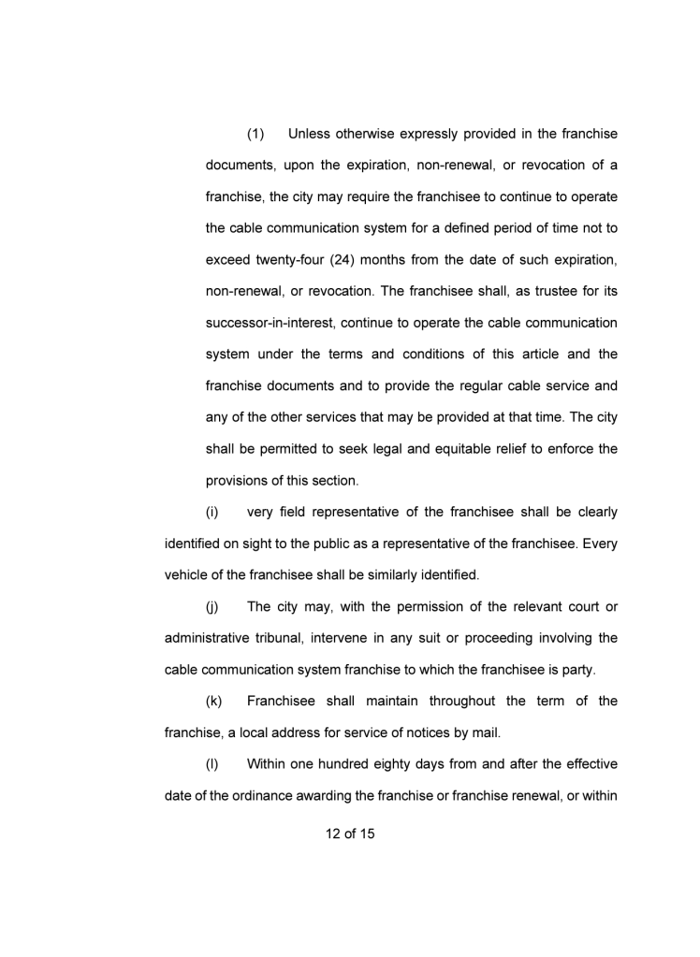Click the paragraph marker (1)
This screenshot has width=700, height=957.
coord(257,134)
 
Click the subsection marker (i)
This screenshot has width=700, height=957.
coord(211,512)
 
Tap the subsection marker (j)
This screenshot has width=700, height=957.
coord(211,606)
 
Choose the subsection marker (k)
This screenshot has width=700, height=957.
coord(212,701)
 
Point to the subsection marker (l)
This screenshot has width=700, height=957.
coord(211,764)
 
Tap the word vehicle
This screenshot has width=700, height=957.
coord(188,574)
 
